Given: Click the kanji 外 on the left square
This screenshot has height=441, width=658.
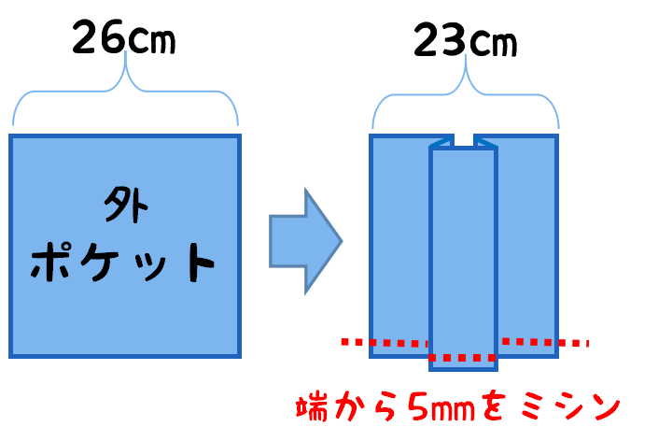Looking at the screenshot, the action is pyautogui.click(x=125, y=206).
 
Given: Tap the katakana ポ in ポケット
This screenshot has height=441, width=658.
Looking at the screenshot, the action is pyautogui.click(x=53, y=263).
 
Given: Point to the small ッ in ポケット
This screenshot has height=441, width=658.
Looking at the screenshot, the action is pyautogui.click(x=152, y=267).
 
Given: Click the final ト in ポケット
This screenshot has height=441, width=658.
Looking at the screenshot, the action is pyautogui.click(x=197, y=263).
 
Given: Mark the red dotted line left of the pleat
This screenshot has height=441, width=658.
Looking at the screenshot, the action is pyautogui.click(x=384, y=343).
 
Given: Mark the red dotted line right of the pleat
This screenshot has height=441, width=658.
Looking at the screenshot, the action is pyautogui.click(x=545, y=342).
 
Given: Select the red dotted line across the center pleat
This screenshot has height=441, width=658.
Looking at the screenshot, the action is pyautogui.click(x=463, y=358).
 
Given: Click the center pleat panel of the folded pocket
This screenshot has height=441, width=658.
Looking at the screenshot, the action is pyautogui.click(x=463, y=252).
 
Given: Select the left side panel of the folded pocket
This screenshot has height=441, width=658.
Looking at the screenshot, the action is pyautogui.click(x=399, y=243).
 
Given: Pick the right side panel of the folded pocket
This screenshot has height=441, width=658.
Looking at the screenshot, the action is pyautogui.click(x=526, y=243).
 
